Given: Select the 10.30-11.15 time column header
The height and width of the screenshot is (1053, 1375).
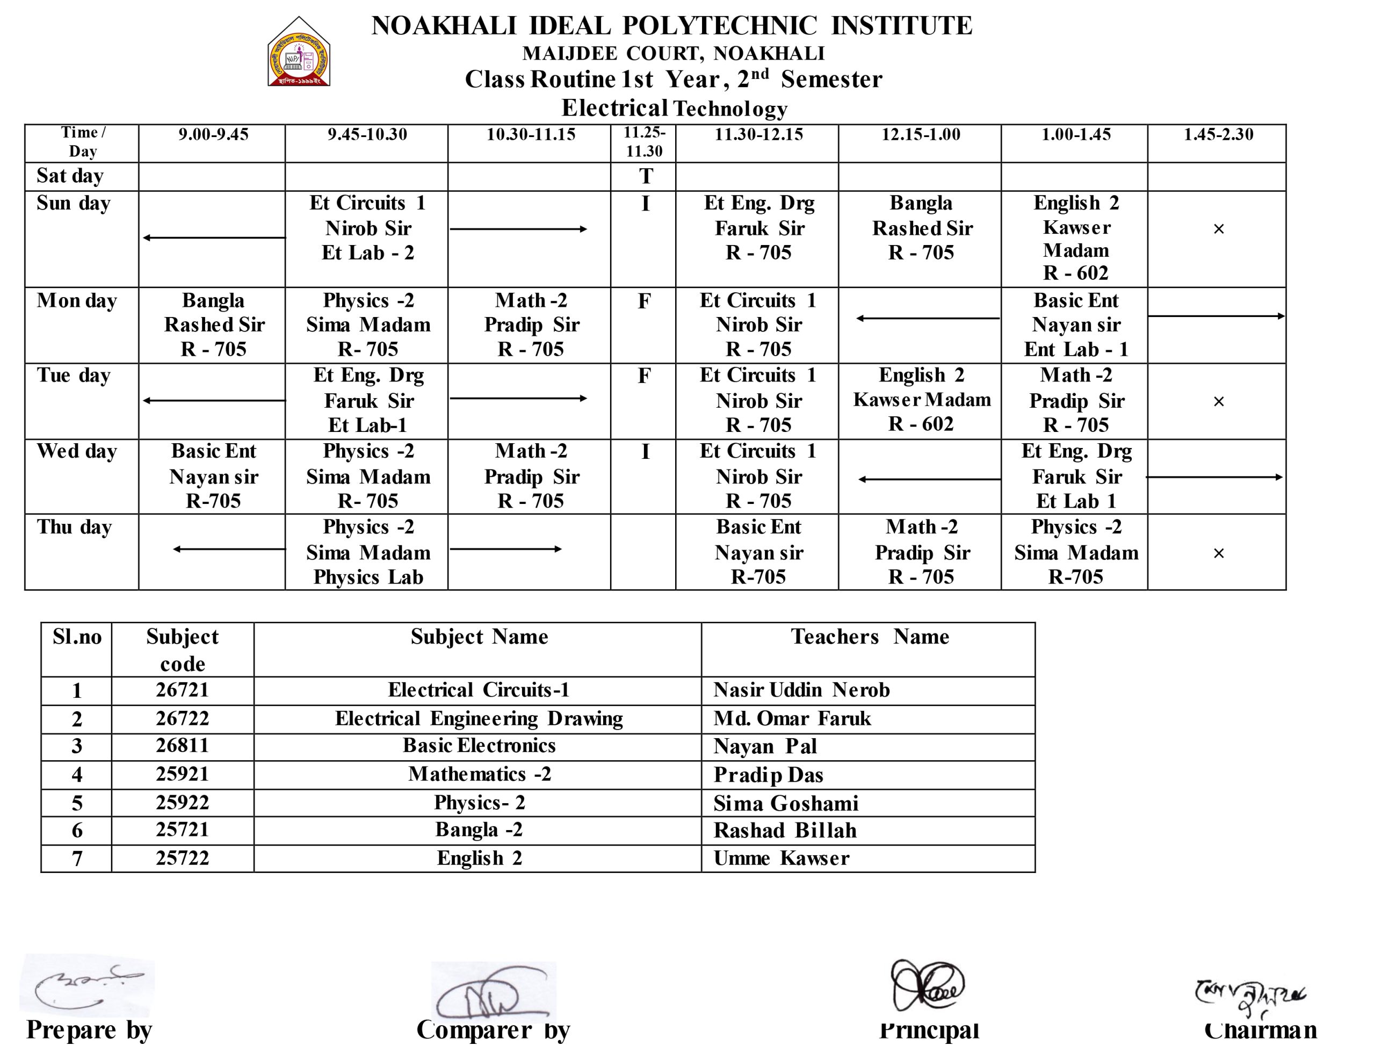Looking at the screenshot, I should pos(531,135).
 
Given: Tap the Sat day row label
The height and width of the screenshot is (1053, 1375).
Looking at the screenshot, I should pos(70,176).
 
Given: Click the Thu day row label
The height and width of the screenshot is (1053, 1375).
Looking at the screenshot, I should pos(74,527).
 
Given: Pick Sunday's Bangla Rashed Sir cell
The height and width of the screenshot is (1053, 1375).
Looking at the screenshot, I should pos(921,228).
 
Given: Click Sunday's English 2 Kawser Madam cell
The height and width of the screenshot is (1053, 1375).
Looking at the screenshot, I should pos(1075,237).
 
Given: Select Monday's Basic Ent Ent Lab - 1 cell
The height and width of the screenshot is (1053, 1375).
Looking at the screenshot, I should pos(1075,324).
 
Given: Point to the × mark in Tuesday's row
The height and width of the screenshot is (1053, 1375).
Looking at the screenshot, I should pos(1218,401).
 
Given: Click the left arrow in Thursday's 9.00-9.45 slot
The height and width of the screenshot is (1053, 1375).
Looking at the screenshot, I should pos(229,549).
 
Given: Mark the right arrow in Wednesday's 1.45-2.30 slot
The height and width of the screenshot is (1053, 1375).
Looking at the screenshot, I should pos(1214,478).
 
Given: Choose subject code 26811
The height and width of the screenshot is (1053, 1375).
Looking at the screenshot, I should pos(183,746).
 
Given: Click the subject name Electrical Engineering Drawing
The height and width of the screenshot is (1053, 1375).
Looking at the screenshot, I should pos(479,718).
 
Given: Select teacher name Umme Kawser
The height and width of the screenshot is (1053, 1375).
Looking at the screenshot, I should pos(781,858).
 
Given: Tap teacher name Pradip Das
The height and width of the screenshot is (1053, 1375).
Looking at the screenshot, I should pos(768,775).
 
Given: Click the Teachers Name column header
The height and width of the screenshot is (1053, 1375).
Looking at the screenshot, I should pos(869,637).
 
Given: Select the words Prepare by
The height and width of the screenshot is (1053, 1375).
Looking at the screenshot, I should pos(90,1030).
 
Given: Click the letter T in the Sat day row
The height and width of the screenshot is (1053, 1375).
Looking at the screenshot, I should pos(646,177).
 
